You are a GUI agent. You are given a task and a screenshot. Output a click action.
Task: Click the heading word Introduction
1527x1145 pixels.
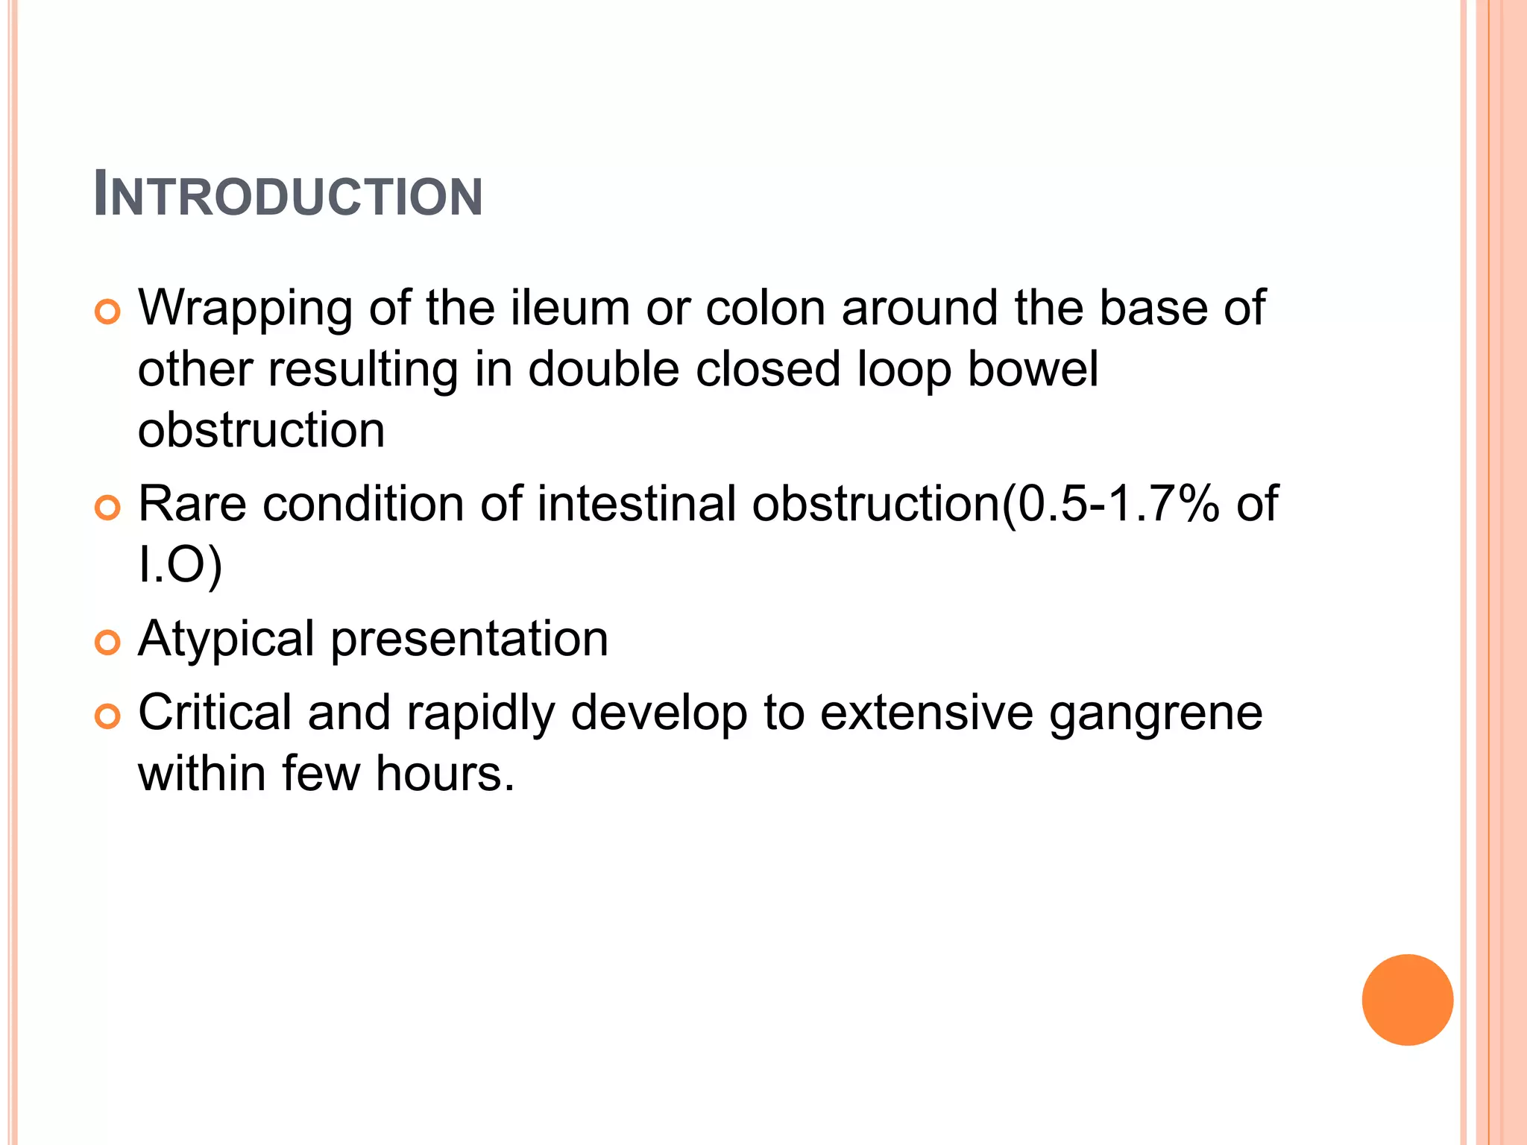(289, 195)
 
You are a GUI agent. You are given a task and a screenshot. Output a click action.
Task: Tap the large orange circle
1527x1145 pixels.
(1407, 1000)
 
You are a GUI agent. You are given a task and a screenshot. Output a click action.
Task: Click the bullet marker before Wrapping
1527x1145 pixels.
(108, 312)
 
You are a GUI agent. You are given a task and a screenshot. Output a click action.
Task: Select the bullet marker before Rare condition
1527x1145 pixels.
(108, 508)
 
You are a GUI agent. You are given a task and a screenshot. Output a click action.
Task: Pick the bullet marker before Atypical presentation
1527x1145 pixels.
(108, 643)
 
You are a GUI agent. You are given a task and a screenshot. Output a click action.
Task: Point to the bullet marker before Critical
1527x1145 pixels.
(108, 717)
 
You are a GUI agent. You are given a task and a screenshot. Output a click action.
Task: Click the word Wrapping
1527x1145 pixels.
(245, 309)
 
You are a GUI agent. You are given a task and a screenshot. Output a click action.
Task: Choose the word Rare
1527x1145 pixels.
(192, 504)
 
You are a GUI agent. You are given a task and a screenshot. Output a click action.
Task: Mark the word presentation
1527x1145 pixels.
(470, 640)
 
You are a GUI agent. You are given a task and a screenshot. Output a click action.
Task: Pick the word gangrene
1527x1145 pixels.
(1156, 714)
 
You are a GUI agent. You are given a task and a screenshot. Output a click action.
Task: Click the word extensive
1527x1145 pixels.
(927, 713)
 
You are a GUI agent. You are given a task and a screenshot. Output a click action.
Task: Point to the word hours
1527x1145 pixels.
(445, 774)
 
